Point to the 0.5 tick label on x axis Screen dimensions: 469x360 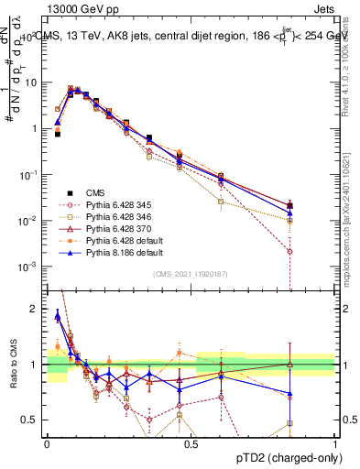click(190, 442)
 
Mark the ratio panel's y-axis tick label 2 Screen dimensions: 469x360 click(35, 309)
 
